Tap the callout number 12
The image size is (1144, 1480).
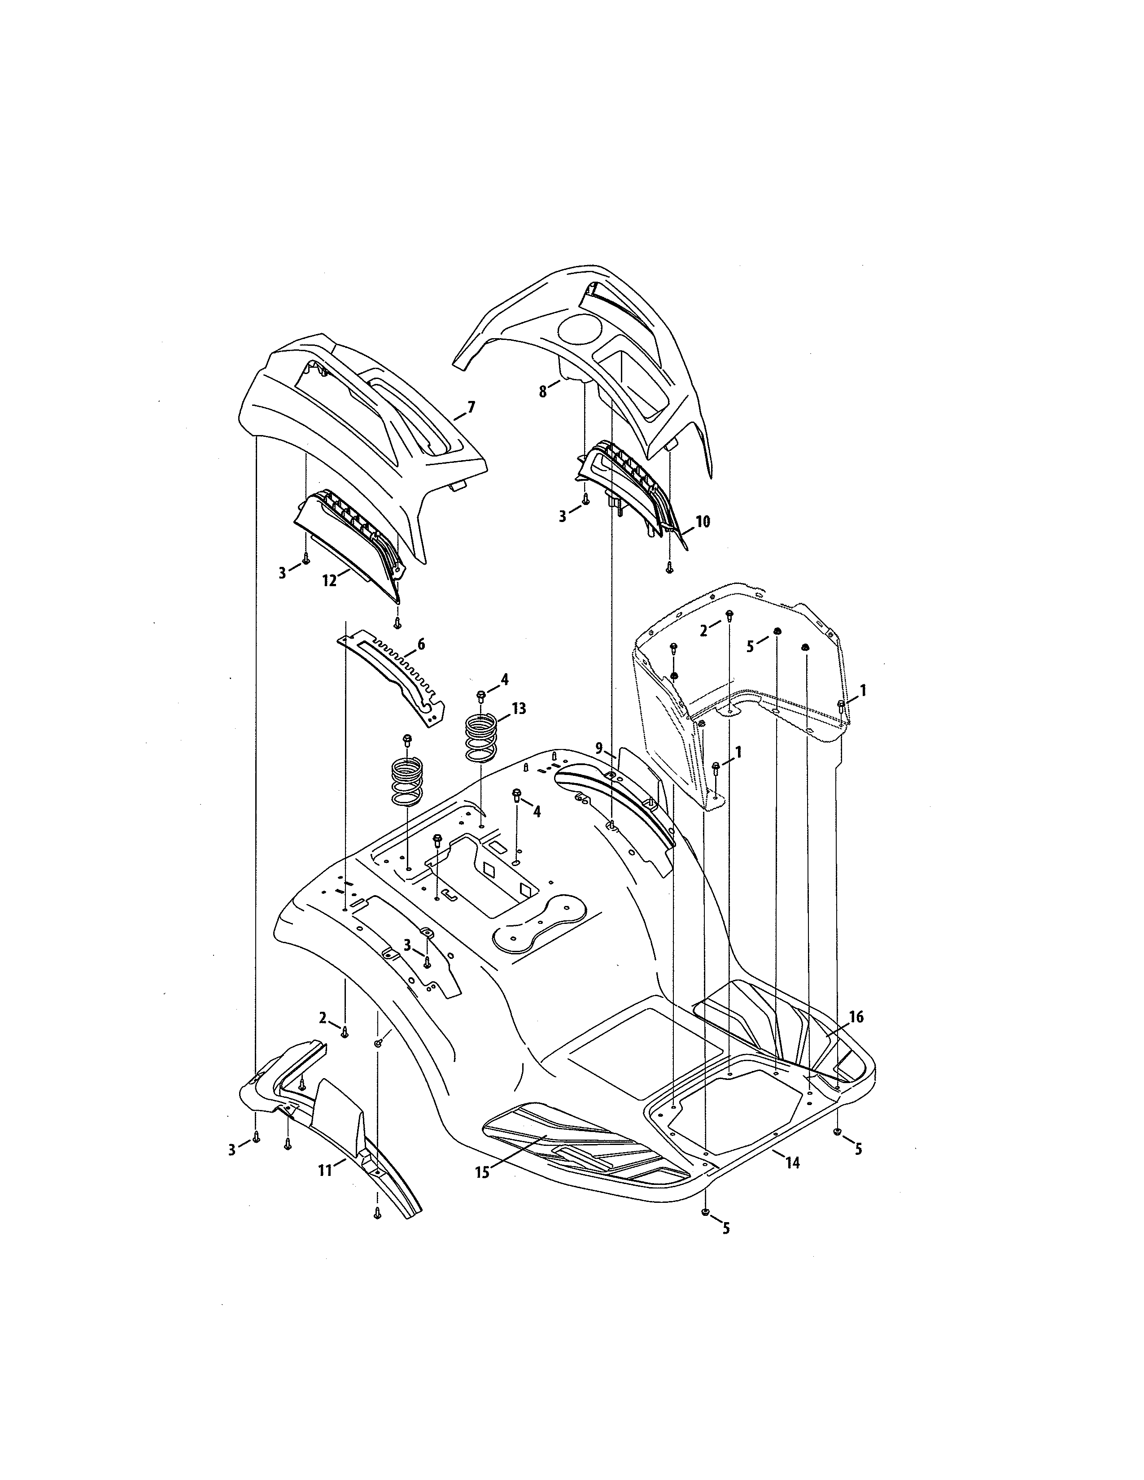(x=329, y=581)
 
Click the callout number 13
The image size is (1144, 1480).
(x=519, y=709)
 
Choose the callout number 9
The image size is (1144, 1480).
(x=599, y=748)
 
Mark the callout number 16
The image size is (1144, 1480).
(x=856, y=1036)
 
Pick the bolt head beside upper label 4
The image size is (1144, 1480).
(x=481, y=695)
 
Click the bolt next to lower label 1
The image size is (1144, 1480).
(x=716, y=767)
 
